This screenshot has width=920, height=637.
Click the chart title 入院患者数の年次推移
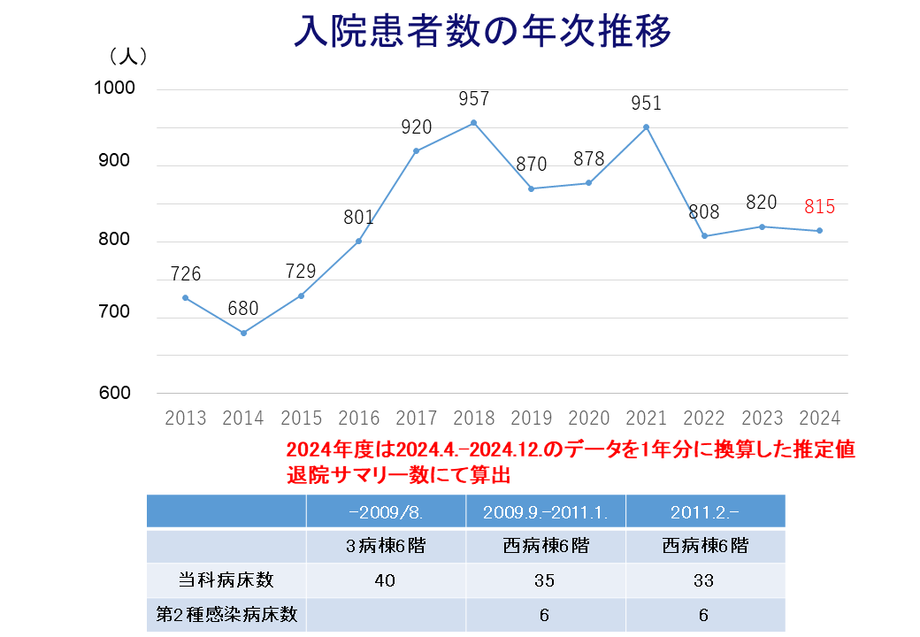[x=483, y=32]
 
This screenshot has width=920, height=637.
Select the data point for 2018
[x=474, y=123]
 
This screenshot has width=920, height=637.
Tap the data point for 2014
[x=243, y=333]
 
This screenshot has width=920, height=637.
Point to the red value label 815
[x=820, y=208]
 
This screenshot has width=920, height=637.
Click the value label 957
[x=474, y=100]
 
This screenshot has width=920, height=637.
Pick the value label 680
[x=243, y=310]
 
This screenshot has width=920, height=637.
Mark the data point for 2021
[x=647, y=127]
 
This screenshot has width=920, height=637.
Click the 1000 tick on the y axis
[x=114, y=88]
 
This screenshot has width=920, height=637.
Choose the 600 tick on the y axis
[x=114, y=393]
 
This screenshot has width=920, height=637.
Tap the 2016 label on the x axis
[x=358, y=418]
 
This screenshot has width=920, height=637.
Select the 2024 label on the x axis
[x=819, y=418]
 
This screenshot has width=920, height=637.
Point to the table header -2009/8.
[x=386, y=512]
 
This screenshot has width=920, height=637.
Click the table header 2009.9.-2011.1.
[x=545, y=512]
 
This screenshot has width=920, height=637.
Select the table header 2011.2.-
[x=705, y=512]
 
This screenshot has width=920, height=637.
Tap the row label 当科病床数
[x=226, y=580]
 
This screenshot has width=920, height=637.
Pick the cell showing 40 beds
[x=386, y=580]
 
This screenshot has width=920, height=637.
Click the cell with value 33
[x=704, y=580]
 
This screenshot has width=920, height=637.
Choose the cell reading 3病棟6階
[x=386, y=546]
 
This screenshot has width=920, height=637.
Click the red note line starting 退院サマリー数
[x=399, y=474]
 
